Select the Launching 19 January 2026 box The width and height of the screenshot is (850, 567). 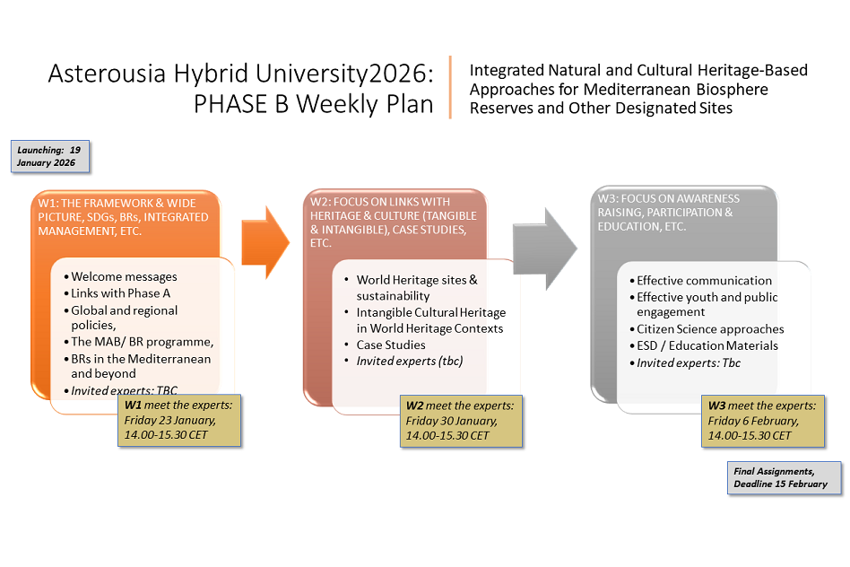pos(51,156)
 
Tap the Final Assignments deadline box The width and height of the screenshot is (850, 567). pos(785,476)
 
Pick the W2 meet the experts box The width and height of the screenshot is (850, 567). pos(460,420)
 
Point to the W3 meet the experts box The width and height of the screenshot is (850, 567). pos(764,420)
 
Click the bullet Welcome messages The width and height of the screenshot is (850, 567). pos(124,277)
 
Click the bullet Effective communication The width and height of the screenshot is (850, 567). pos(704,281)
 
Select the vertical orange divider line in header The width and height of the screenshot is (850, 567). pos(450,87)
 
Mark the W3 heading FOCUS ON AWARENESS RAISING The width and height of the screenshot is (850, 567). pos(669,205)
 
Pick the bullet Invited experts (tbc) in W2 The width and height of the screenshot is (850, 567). pos(409,361)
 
